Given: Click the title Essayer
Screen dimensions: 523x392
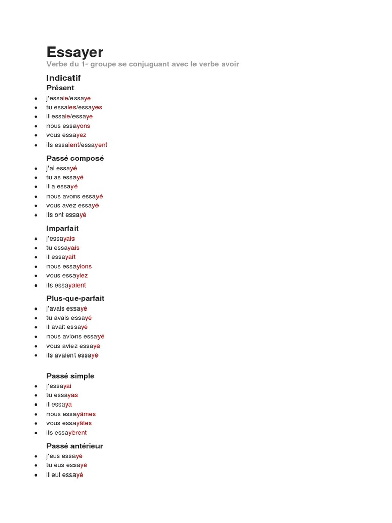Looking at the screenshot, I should pyautogui.click(x=75, y=52).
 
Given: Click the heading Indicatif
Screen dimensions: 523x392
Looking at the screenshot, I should pyautogui.click(x=63, y=78).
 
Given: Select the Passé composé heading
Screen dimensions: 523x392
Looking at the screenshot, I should pyautogui.click(x=75, y=158).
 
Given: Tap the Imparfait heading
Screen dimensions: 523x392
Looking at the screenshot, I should pyautogui.click(x=62, y=228).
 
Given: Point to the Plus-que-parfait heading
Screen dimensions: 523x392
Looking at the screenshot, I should pyautogui.click(x=75, y=298).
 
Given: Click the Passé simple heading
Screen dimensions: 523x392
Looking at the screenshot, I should pyautogui.click(x=70, y=376).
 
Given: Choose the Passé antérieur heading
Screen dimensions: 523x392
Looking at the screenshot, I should pyautogui.click(x=75, y=446).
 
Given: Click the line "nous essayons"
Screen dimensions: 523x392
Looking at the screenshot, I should pyautogui.click(x=68, y=126).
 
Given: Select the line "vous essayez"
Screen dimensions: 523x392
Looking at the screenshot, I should pyautogui.click(x=66, y=135).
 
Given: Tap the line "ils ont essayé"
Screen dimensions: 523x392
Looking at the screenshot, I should pyautogui.click(x=66, y=215).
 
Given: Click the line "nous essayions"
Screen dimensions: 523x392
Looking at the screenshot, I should pyautogui.click(x=69, y=266).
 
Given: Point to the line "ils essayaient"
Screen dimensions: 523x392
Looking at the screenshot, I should pyautogui.click(x=66, y=285).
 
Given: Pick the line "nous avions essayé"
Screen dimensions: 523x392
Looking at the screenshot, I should pyautogui.click(x=75, y=336).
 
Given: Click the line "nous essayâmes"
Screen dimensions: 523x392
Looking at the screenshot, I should pyautogui.click(x=71, y=414).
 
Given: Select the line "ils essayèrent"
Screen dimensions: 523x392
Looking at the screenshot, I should pyautogui.click(x=66, y=433).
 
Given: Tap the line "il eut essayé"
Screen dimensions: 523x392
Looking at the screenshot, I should pyautogui.click(x=64, y=475).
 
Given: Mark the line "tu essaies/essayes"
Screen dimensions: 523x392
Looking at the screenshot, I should pyautogui.click(x=74, y=107).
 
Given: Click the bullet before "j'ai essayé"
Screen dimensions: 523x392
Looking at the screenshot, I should pyautogui.click(x=36, y=168).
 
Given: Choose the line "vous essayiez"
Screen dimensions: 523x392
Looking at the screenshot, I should pyautogui.click(x=67, y=276).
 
